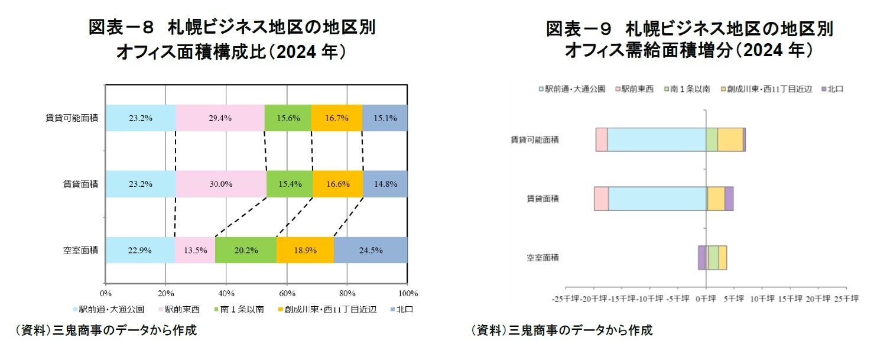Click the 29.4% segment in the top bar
220,118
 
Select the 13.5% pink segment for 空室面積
195,249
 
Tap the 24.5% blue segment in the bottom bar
371,249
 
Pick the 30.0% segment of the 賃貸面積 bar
221,184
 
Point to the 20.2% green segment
245,249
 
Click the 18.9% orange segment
305,249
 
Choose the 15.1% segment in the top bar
385,118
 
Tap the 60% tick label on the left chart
287,293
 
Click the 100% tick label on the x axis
408,293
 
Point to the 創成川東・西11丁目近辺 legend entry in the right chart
764,89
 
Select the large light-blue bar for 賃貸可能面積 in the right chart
657,140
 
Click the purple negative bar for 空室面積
701,258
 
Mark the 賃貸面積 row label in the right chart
542,199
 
